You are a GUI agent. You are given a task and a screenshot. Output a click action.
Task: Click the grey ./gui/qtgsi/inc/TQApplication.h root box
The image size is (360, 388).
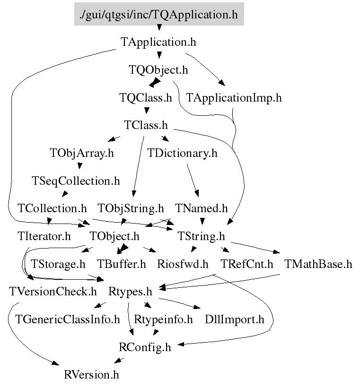click(x=159, y=14)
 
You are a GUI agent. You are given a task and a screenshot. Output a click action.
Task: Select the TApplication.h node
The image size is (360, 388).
click(x=158, y=42)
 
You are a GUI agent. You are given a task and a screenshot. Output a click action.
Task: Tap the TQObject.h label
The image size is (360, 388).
click(x=158, y=70)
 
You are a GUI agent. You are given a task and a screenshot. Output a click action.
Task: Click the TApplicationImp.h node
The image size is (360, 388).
click(x=234, y=98)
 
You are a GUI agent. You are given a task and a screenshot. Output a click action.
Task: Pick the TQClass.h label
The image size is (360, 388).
click(x=145, y=98)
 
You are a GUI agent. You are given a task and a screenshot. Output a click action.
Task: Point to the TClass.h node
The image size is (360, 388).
click(x=146, y=126)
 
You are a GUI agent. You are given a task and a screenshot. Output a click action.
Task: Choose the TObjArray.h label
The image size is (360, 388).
click(x=81, y=153)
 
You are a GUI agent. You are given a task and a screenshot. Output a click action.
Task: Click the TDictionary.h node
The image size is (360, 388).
click(x=182, y=153)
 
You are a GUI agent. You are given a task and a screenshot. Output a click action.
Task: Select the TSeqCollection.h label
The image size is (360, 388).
click(x=76, y=181)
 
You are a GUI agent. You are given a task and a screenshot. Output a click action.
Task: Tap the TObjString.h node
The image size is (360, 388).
click(x=131, y=208)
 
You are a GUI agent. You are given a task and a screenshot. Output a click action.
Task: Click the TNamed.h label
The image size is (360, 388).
click(x=201, y=208)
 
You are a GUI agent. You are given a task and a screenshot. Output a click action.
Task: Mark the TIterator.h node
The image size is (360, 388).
click(x=44, y=236)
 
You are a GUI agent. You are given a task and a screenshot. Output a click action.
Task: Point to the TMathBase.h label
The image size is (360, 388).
click(x=318, y=264)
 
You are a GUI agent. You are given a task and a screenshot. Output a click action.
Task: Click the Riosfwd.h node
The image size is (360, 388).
click(x=183, y=264)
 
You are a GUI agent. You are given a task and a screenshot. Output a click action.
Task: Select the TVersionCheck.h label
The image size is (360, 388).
click(x=53, y=291)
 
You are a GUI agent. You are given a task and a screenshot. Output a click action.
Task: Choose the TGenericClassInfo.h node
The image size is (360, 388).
click(x=68, y=319)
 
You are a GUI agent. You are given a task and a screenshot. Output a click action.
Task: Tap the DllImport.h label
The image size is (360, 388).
click(x=234, y=319)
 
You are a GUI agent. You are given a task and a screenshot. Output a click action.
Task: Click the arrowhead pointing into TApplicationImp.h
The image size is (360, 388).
click(x=222, y=86)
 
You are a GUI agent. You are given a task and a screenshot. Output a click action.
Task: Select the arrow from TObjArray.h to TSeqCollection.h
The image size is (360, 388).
click(x=80, y=167)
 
